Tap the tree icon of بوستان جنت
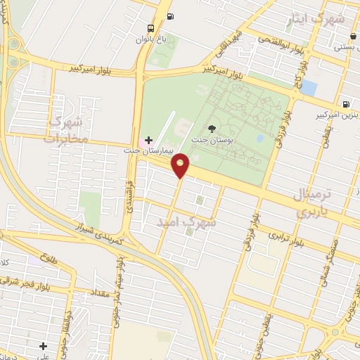(212, 127)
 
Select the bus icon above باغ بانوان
(150, 29)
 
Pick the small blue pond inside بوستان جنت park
(260, 138)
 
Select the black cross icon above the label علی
(44, 346)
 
